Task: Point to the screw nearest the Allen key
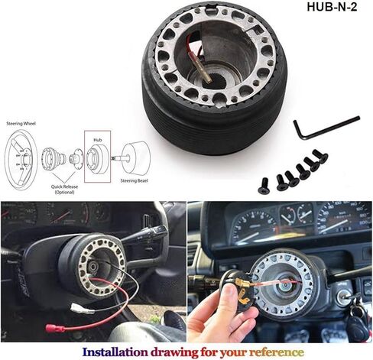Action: coord(319,156)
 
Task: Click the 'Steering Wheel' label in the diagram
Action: coord(20,122)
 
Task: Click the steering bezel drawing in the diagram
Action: coord(137,157)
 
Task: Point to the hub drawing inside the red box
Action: coord(96,158)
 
